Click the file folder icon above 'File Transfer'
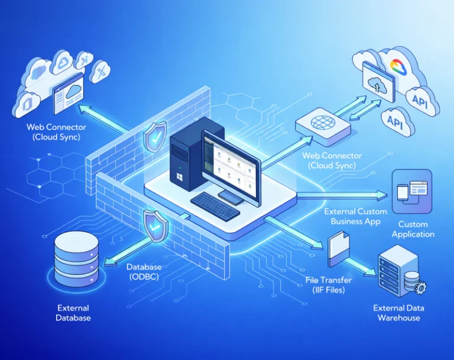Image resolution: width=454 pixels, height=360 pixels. click(338, 246)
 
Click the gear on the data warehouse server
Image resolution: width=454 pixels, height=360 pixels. click(421, 287)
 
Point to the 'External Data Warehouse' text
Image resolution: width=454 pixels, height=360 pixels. click(398, 313)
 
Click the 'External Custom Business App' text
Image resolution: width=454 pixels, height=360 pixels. click(355, 216)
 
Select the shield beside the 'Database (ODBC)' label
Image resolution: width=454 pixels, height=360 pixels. click(155, 225)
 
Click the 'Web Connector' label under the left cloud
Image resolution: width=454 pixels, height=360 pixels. click(56, 132)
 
